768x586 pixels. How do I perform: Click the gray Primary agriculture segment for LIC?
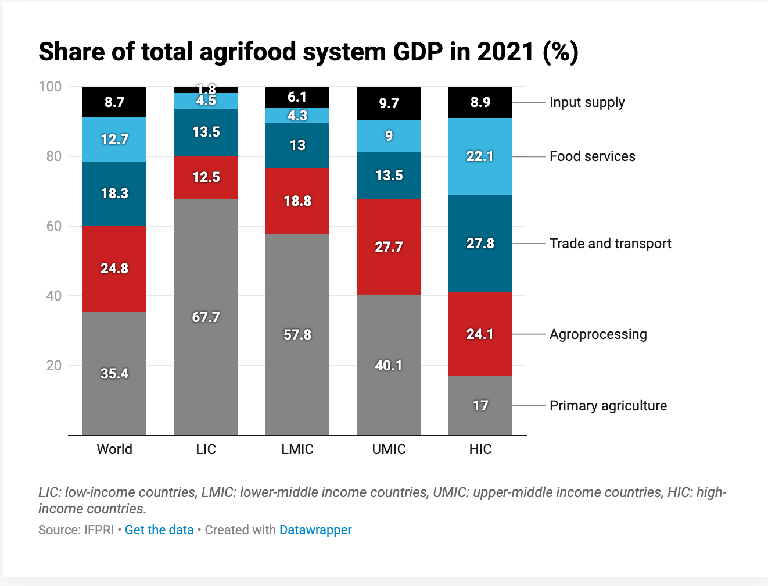(206, 349)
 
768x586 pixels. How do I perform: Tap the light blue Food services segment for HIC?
(480, 174)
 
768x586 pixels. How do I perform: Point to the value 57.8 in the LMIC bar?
(297, 335)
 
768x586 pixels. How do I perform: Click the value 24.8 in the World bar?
(114, 269)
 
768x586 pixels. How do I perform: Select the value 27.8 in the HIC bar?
(480, 244)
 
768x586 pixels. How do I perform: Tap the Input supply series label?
(587, 102)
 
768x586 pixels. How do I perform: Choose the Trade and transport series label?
(610, 244)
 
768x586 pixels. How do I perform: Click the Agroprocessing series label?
(598, 334)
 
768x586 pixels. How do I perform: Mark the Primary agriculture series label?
(608, 406)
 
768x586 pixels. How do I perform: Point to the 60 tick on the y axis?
(54, 226)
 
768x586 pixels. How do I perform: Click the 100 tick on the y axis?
(51, 87)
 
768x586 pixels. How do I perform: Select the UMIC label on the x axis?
(389, 449)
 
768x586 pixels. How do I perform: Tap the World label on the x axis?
(114, 449)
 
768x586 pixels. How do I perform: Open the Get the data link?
(159, 530)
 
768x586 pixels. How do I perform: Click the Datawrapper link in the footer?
(315, 530)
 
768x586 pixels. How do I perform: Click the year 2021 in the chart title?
(505, 52)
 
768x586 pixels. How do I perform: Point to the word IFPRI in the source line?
(98, 530)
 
